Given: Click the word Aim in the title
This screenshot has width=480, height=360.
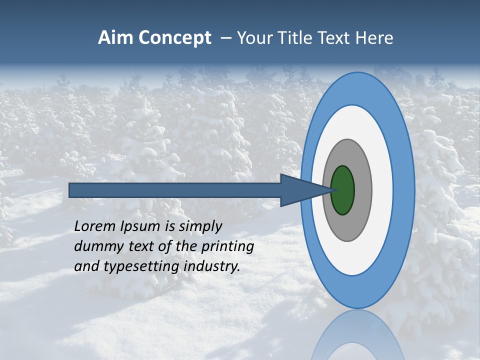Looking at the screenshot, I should pyautogui.click(x=115, y=38).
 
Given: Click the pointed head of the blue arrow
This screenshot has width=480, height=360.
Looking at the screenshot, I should pyautogui.click(x=305, y=190).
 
